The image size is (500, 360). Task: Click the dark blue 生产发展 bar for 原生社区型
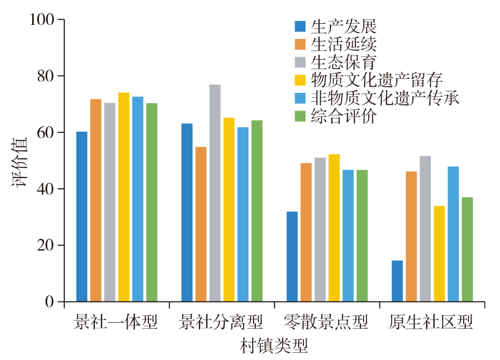[397, 281]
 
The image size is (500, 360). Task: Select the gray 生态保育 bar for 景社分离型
[215, 192]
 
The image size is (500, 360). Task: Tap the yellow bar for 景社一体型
[123, 197]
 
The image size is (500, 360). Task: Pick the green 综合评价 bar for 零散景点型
[362, 236]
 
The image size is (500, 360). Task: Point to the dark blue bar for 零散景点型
[292, 256]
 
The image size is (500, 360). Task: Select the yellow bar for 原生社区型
[439, 254]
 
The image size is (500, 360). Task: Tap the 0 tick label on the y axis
[50, 302]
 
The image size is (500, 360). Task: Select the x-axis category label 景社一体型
[116, 323]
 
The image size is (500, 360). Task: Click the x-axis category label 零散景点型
[326, 323]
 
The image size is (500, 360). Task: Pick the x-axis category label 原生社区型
[432, 323]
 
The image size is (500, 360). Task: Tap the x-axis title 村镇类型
[273, 345]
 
